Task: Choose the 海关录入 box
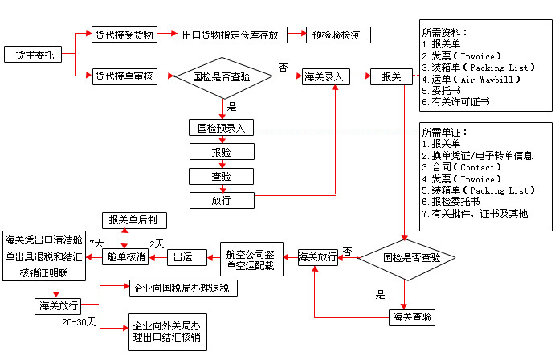coord(324,77)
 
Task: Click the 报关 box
coord(391,77)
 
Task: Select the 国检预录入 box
coord(222,128)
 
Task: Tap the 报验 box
coord(222,152)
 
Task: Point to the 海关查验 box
coord(413,317)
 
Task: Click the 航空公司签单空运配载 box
coord(250,259)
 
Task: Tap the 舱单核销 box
coord(126,258)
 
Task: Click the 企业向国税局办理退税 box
coord(184,288)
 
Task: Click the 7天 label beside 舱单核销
coord(96,243)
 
